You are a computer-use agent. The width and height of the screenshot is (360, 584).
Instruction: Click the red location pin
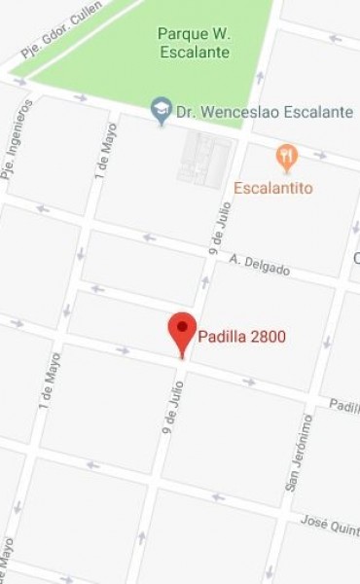click(x=182, y=332)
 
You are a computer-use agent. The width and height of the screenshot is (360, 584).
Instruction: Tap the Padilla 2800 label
click(x=242, y=339)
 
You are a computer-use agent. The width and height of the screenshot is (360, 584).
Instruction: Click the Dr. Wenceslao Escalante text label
click(x=265, y=112)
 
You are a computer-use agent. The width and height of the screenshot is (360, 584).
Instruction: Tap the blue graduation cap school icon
click(x=162, y=112)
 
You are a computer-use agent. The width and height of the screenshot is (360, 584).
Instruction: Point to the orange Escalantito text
click(x=273, y=188)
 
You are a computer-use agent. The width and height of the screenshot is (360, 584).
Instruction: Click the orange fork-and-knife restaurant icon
click(x=286, y=156)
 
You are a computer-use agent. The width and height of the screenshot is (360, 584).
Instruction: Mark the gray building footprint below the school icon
click(x=205, y=159)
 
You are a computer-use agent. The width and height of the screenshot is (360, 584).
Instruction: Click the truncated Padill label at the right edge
click(x=342, y=406)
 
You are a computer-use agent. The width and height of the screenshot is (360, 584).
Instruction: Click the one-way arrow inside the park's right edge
click(x=259, y=76)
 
